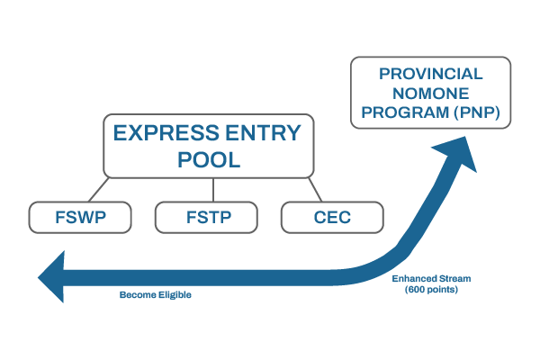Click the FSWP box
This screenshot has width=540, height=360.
point(81,217)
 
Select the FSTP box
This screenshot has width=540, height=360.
point(206,217)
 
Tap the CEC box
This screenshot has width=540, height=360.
point(332,217)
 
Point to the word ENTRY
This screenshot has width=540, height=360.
point(264,134)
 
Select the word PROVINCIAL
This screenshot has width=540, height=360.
point(430,74)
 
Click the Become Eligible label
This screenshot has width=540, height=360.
point(156,294)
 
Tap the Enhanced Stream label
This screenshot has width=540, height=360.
point(431,279)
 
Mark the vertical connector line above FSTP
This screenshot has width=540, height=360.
point(212,189)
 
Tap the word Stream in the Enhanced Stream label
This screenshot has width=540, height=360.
point(453,279)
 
